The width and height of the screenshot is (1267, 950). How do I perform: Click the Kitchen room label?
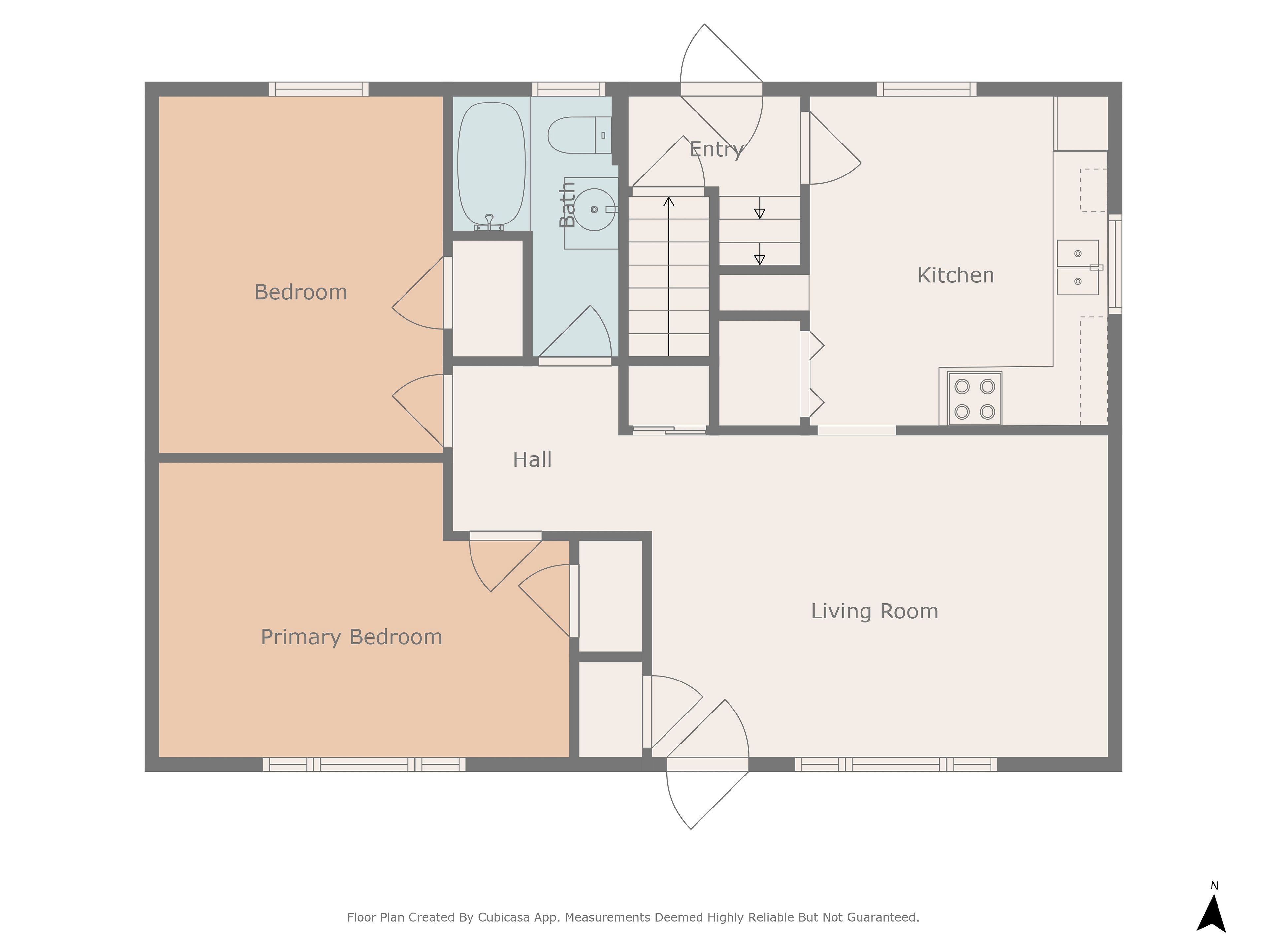(956, 275)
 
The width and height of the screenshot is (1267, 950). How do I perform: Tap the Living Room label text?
(875, 612)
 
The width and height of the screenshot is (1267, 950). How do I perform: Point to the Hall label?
(532, 459)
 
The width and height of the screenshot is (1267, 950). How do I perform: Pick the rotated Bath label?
(567, 205)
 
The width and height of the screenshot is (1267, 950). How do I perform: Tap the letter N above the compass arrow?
(1214, 885)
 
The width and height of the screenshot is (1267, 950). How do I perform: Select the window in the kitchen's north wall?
(927, 89)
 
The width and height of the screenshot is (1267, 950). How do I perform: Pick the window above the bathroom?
(568, 89)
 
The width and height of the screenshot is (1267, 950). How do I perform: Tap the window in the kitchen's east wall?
(1115, 264)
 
